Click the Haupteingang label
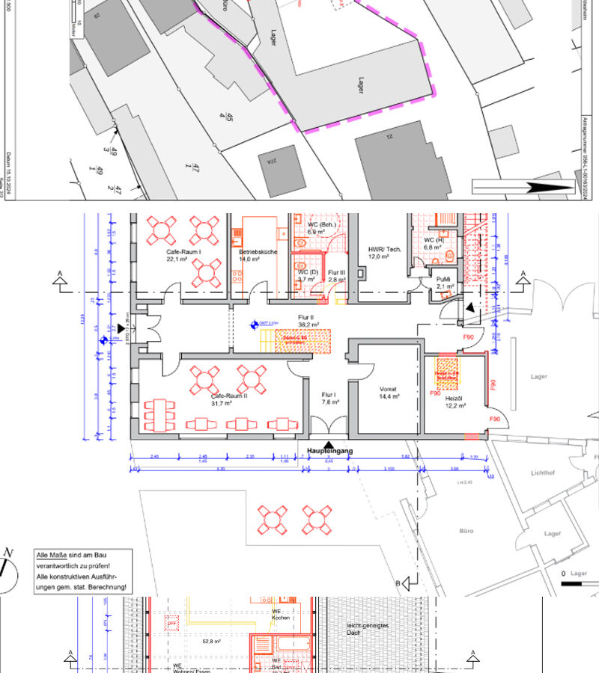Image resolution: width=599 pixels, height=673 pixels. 329,452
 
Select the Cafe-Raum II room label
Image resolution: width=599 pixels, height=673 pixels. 230,399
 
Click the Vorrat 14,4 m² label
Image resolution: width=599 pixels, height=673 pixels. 387,393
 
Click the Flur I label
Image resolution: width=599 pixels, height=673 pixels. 329,398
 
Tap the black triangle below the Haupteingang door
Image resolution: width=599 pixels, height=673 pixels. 329,444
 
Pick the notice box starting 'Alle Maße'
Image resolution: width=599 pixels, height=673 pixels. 85,572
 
